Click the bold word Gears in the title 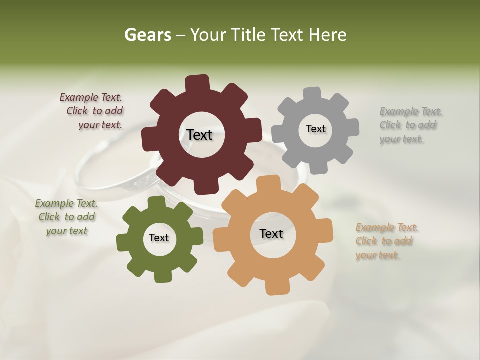pos(147,35)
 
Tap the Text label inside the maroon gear pos(199,135)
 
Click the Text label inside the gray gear pos(315,129)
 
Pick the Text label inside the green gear pos(159,238)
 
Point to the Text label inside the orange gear pos(271,233)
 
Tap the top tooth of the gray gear pos(312,94)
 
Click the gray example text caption pos(410,125)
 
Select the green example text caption pos(66,217)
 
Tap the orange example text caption pos(386,241)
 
